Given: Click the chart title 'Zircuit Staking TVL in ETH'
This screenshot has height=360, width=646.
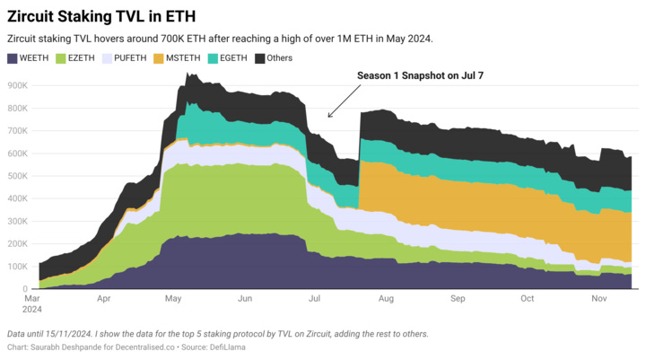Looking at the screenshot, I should click(x=102, y=16).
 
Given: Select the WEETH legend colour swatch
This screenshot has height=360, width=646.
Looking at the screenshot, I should click(x=13, y=58).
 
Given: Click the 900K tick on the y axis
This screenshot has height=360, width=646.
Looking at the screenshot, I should click(x=16, y=85).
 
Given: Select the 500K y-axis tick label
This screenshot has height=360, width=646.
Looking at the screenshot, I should click(x=16, y=176).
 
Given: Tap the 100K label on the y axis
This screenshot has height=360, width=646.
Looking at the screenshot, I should click(x=16, y=267).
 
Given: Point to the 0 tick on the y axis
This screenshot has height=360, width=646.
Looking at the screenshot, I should click(x=26, y=289).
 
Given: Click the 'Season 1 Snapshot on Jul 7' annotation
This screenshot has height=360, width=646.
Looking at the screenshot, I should click(x=421, y=75).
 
